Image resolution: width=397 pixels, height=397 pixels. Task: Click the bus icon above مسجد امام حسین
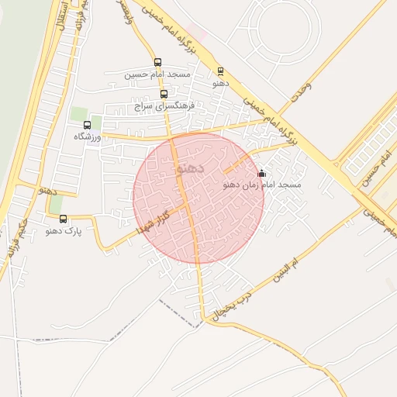point(158,63)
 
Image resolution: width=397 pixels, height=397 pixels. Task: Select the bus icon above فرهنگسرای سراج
point(163,93)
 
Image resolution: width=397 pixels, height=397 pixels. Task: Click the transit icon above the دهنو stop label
point(220,71)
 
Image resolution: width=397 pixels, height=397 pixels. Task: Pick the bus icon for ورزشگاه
point(87,124)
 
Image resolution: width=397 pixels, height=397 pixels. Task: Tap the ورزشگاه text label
point(88,136)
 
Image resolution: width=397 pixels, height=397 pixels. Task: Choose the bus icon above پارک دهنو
point(64,219)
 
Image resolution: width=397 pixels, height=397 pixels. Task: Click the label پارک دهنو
point(63,230)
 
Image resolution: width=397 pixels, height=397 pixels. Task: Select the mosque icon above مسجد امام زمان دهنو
point(261,173)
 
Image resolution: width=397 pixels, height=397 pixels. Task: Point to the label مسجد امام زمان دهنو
point(261,185)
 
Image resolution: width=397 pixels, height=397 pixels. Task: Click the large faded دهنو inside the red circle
point(191,167)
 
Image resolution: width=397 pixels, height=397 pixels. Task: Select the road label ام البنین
point(286,268)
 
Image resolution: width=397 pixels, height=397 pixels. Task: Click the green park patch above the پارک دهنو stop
point(57,204)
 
